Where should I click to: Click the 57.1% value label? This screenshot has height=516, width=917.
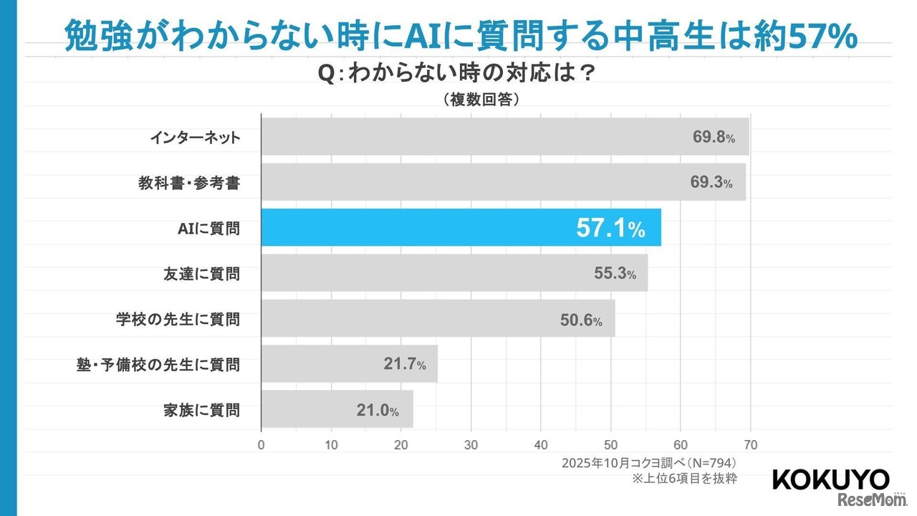(x=610, y=229)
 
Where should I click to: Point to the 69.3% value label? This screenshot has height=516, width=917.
(x=711, y=183)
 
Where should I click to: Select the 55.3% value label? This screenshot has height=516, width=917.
(x=615, y=273)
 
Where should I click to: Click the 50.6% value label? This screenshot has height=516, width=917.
(x=580, y=320)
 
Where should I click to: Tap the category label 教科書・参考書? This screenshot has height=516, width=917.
(x=189, y=183)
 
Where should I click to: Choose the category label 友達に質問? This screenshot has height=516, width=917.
(x=202, y=273)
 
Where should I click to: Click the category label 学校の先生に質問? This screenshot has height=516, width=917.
(x=178, y=319)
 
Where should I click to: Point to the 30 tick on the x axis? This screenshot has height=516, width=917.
(x=471, y=444)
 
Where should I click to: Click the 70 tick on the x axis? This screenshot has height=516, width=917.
(x=750, y=444)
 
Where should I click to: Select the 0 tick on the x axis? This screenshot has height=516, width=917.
(x=261, y=444)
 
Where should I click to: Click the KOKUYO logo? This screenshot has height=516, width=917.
(x=831, y=480)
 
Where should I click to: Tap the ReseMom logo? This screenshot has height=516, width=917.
(x=865, y=500)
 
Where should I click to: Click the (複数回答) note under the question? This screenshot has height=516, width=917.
(x=481, y=100)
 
